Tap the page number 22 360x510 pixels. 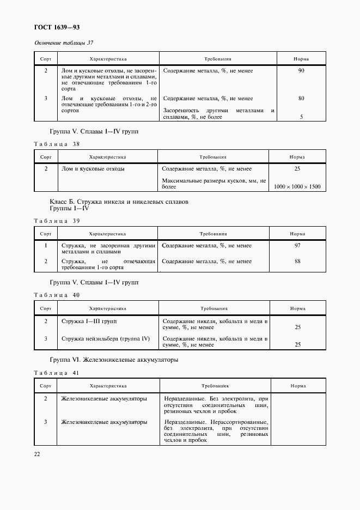pyautogui.click(x=37, y=453)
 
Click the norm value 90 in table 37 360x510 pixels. pyautogui.click(x=301, y=71)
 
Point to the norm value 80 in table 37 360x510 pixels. pyautogui.click(x=301, y=99)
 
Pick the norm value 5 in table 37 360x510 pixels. pyautogui.click(x=301, y=117)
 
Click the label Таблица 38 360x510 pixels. pyautogui.click(x=57, y=144)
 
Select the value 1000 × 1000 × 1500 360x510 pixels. pyautogui.click(x=297, y=187)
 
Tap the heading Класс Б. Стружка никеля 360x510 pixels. pyautogui.click(x=119, y=202)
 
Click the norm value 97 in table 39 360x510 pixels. pyautogui.click(x=297, y=246)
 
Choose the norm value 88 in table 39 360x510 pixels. pyautogui.click(x=297, y=262)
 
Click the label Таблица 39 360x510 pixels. pyautogui.click(x=57, y=220)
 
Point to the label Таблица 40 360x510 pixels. pyautogui.click(x=57, y=295)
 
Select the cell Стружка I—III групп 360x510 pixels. pyautogui.click(x=89, y=321)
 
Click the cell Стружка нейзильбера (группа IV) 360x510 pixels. pyautogui.click(x=105, y=338)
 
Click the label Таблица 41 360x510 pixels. pyautogui.click(x=57, y=372)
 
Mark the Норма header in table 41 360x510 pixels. pyautogui.click(x=297, y=385)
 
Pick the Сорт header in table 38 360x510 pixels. pyautogui.click(x=46, y=156)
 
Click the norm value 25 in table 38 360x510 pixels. pyautogui.click(x=297, y=169)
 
